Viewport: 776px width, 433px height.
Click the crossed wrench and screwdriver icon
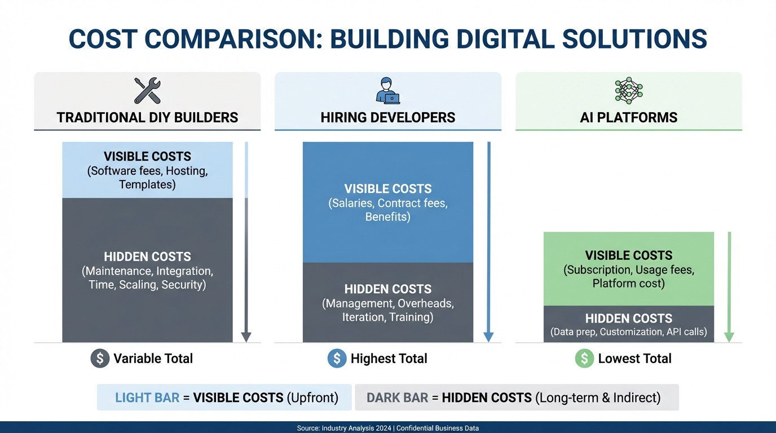[147, 91]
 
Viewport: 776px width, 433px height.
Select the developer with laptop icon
[388, 91]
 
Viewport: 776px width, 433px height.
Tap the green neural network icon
[628, 90]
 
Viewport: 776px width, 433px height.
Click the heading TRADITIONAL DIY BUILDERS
[147, 118]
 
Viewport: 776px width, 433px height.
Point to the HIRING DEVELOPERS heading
[388, 118]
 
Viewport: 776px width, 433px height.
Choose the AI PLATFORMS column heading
[628, 118]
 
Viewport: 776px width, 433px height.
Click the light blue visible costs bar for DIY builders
[147, 170]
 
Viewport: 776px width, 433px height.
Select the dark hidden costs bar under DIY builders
[147, 271]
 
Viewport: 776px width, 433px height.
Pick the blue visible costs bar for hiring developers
[388, 202]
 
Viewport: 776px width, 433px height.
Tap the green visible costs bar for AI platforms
[628, 269]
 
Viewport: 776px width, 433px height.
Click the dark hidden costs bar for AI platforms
[628, 324]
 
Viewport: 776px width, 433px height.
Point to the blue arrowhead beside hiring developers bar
[488, 337]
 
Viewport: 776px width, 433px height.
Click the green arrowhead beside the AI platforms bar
[729, 337]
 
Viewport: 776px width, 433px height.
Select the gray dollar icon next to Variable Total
[100, 359]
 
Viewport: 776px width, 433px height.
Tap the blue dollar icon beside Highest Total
[337, 359]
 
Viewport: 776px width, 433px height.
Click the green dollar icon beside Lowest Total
[584, 359]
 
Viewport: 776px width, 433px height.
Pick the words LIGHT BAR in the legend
[147, 397]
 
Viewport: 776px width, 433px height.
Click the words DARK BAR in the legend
[397, 397]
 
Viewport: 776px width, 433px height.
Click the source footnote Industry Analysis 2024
[356, 428]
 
